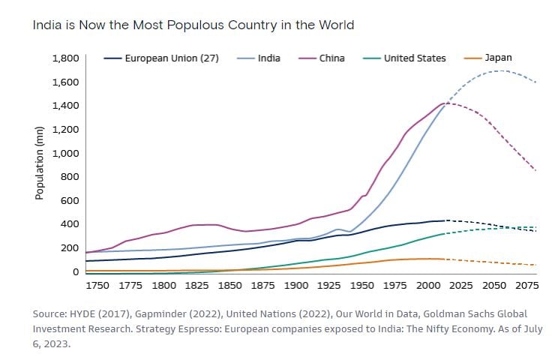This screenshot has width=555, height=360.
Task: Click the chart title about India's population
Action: click(193, 25)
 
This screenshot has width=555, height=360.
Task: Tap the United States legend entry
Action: click(414, 58)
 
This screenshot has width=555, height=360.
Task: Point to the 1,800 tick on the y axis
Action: click(65, 58)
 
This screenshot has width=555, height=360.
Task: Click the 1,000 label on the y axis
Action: click(65, 153)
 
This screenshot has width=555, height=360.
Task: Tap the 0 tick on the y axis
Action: click(76, 271)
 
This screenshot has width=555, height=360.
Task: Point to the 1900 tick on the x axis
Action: click(296, 286)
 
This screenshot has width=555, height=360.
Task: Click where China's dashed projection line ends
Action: click(535, 171)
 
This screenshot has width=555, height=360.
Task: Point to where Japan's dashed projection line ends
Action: click(535, 265)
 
